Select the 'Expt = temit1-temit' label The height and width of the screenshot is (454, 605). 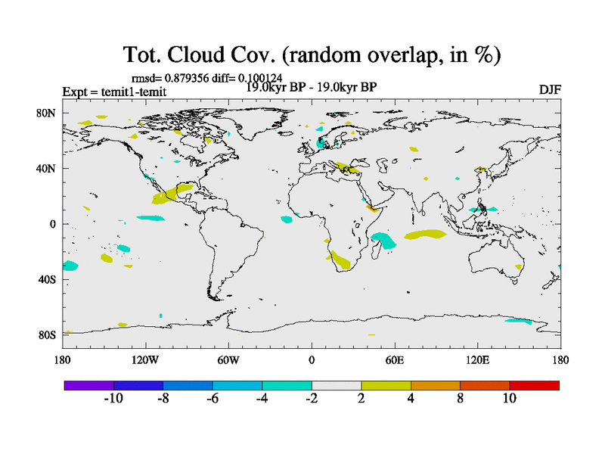(114, 92)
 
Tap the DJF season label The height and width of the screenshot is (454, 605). (549, 89)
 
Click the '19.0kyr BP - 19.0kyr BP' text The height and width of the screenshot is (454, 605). (312, 87)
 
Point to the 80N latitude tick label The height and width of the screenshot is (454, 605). (47, 113)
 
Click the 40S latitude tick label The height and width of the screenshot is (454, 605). (47, 280)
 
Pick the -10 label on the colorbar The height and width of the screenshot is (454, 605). (113, 398)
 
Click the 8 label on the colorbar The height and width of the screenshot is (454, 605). (460, 398)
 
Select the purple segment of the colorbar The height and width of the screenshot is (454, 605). (88, 385)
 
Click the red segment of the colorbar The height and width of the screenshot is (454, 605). (534, 385)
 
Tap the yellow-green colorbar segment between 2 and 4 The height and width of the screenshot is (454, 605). (386, 385)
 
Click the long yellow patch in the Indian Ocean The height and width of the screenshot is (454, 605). (425, 235)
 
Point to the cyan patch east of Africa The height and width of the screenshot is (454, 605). (383, 241)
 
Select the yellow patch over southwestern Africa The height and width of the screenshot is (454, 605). (341, 261)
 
